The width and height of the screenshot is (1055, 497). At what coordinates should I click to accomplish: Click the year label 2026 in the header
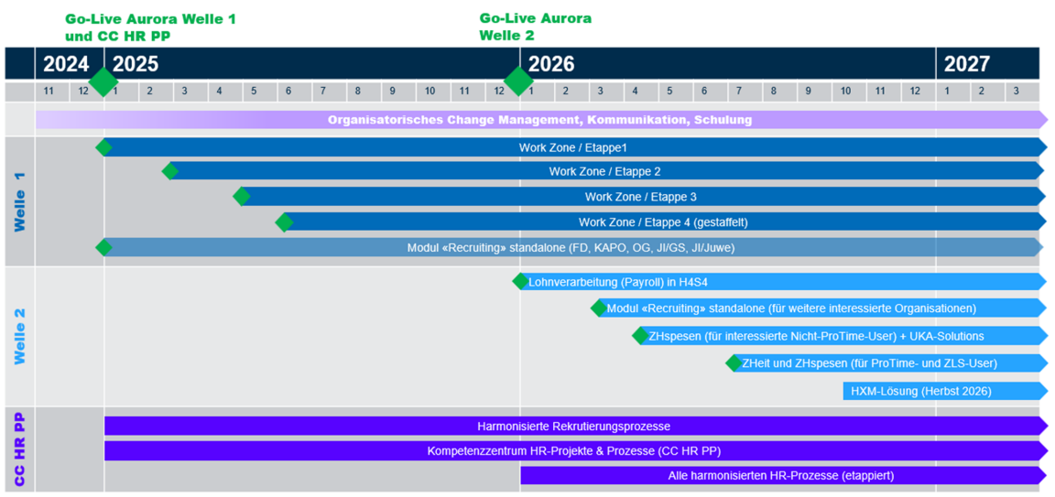[x=551, y=64]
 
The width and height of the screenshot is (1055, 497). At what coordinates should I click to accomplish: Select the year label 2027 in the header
[x=966, y=64]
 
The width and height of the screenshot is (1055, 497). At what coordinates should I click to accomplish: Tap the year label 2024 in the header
[x=66, y=64]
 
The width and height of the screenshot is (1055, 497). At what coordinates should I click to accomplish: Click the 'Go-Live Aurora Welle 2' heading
[x=535, y=27]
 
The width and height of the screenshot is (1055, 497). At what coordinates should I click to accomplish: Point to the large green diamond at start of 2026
[x=518, y=81]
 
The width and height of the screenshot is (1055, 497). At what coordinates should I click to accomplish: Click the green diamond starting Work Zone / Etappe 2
[x=169, y=171]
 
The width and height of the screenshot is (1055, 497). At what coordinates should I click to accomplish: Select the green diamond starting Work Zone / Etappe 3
[x=242, y=196]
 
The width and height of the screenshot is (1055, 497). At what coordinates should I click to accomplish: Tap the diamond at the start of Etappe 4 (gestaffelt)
[x=285, y=221]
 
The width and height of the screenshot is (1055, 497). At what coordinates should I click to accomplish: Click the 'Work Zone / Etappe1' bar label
[x=572, y=147]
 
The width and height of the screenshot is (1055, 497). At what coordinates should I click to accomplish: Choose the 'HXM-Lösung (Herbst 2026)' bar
[x=920, y=391]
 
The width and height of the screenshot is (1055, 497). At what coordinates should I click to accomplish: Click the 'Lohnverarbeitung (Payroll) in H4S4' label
[x=617, y=282]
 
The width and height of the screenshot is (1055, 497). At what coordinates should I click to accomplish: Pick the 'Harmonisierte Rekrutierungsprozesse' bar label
[x=573, y=427]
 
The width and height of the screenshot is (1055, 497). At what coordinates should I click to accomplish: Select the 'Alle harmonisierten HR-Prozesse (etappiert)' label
[x=780, y=475]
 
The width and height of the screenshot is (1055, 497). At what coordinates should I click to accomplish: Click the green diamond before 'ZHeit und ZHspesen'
[x=734, y=363]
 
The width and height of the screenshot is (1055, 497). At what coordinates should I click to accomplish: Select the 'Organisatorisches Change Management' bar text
[x=539, y=120]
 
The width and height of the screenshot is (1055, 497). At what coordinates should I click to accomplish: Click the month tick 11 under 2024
[x=49, y=92]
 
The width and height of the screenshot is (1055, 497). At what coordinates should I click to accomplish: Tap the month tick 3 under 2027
[x=1016, y=92]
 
